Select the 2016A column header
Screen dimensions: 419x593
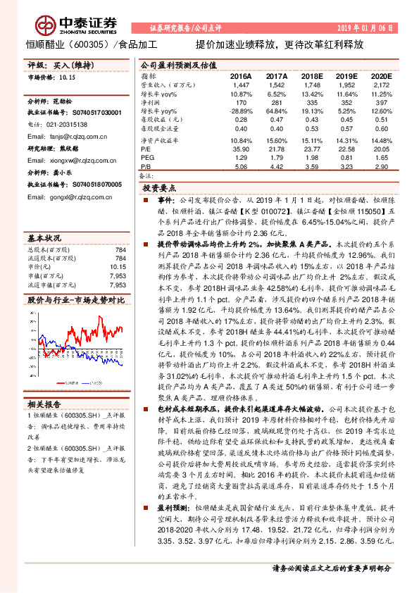tap(241, 75)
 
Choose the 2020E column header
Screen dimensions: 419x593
tap(380, 75)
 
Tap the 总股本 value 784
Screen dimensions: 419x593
tap(120, 249)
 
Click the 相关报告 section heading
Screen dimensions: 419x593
tap(42, 403)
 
